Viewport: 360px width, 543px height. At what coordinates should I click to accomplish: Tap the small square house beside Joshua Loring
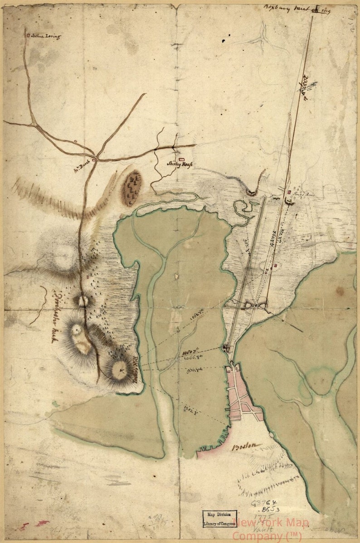[x=29, y=34]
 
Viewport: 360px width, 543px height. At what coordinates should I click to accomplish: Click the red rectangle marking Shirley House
[x=181, y=159]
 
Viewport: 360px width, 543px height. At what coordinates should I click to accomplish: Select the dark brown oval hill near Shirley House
[x=132, y=187]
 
